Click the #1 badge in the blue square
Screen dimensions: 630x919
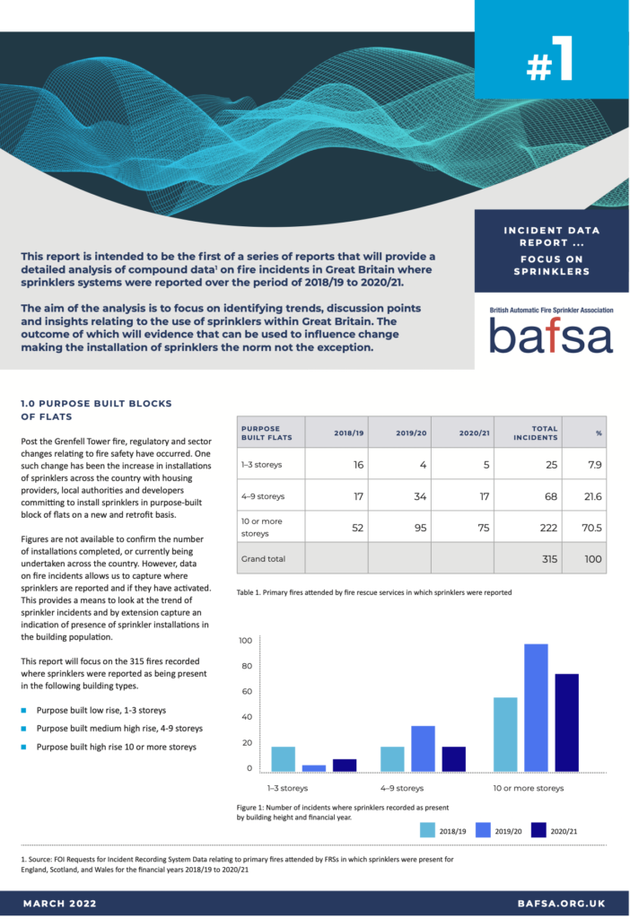point(549,59)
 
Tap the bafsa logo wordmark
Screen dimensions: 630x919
point(551,336)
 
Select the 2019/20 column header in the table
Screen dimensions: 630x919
point(411,433)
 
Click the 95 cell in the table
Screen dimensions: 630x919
point(420,528)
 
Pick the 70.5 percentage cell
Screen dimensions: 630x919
point(591,528)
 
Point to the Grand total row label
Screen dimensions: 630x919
point(263,558)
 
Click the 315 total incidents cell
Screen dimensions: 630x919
point(550,558)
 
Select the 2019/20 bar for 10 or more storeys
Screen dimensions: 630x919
point(536,707)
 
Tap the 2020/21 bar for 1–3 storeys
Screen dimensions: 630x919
point(345,765)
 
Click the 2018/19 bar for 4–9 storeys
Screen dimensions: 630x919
point(392,759)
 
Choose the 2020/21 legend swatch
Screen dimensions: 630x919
point(538,830)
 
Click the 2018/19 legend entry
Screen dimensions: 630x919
point(443,830)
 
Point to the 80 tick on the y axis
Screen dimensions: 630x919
point(247,666)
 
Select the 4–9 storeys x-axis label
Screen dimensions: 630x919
point(402,788)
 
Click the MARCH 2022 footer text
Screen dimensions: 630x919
point(60,903)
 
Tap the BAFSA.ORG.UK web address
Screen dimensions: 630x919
point(562,903)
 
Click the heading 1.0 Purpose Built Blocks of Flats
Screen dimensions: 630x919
point(96,409)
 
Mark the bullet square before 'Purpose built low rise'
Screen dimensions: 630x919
point(23,711)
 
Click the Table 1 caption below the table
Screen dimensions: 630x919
point(374,592)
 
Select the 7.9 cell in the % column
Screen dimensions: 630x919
point(595,465)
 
